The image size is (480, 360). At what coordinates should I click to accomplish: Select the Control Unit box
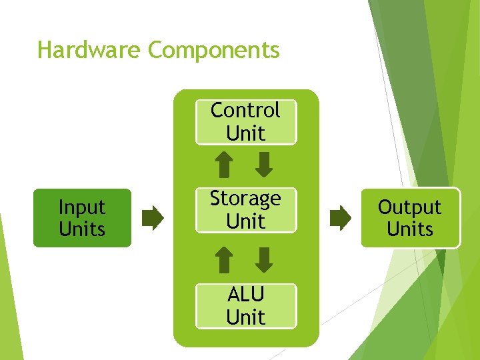click(x=245, y=122)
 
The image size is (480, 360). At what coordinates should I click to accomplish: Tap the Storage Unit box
click(x=245, y=210)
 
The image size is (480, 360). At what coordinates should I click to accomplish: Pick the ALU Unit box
click(x=245, y=305)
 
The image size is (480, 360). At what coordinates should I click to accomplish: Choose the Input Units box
click(x=82, y=218)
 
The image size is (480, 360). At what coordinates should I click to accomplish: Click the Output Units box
click(x=410, y=218)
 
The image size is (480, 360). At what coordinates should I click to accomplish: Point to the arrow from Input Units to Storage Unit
click(x=153, y=218)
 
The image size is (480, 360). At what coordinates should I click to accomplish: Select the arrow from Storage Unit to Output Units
click(x=340, y=218)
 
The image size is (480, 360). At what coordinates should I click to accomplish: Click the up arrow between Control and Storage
click(x=225, y=165)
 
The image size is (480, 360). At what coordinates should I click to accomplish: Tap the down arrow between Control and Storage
click(x=265, y=165)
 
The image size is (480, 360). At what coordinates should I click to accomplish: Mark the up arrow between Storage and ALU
click(x=225, y=259)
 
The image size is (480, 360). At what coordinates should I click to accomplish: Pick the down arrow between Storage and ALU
click(x=265, y=259)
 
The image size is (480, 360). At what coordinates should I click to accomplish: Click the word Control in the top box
click(x=245, y=110)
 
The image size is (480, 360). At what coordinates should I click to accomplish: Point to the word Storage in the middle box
click(x=245, y=199)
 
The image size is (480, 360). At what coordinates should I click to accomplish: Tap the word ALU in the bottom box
click(x=245, y=294)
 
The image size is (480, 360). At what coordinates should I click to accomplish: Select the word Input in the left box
click(x=82, y=207)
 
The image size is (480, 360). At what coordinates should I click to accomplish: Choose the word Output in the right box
click(x=410, y=207)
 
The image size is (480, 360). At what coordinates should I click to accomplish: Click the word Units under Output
click(x=410, y=229)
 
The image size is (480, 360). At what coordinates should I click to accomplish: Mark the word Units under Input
click(x=82, y=229)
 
